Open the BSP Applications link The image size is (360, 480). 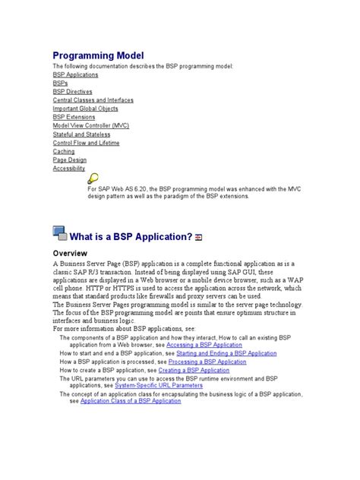(x=74, y=75)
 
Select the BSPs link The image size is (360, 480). (x=60, y=84)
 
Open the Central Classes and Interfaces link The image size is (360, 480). (x=93, y=100)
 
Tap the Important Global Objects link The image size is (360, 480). (x=86, y=109)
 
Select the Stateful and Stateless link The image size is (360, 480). (x=81, y=134)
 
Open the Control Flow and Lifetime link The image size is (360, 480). (x=86, y=143)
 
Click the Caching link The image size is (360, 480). (x=64, y=151)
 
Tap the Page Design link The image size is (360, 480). (x=70, y=160)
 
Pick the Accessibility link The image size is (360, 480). (x=68, y=169)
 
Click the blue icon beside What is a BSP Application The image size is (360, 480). (x=60, y=234)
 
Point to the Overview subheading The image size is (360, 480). (x=70, y=253)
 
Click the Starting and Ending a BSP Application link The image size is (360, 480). (x=226, y=353)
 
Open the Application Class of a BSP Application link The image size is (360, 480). (x=131, y=401)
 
